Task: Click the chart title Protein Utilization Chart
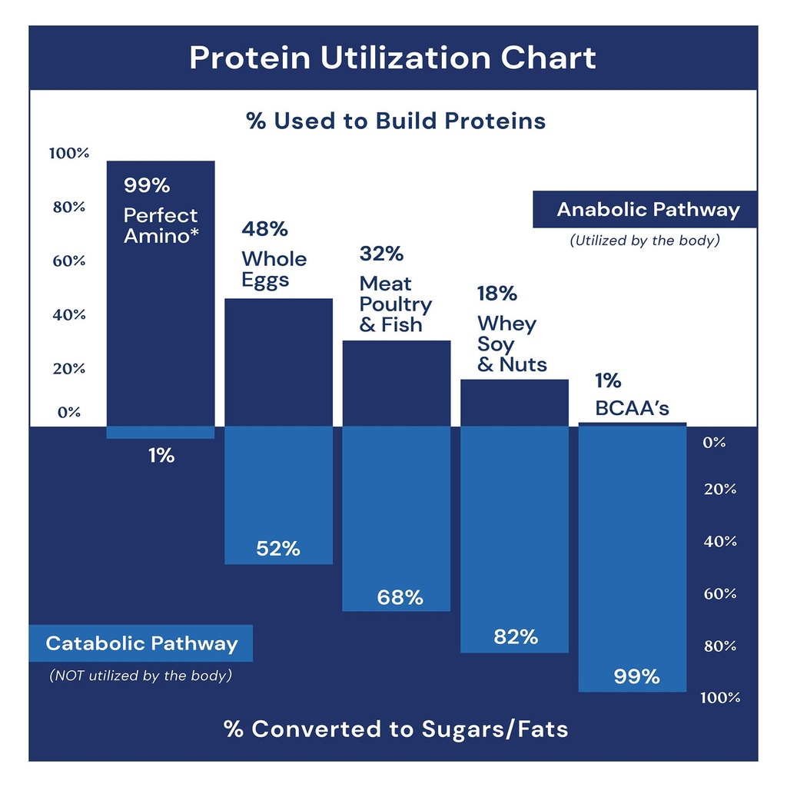[393, 58]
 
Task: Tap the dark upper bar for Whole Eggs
[278, 361]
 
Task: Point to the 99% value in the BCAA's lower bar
[636, 676]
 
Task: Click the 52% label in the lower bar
[278, 549]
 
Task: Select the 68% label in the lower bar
[400, 597]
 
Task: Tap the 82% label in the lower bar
[515, 636]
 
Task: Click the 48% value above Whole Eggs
[264, 229]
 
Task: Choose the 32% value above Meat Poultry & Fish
[381, 254]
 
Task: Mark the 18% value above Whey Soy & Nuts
[497, 294]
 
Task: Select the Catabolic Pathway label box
[141, 643]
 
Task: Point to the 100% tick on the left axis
[69, 153]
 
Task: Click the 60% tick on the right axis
[720, 593]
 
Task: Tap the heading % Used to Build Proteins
[395, 121]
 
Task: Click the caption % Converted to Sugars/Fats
[396, 729]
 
